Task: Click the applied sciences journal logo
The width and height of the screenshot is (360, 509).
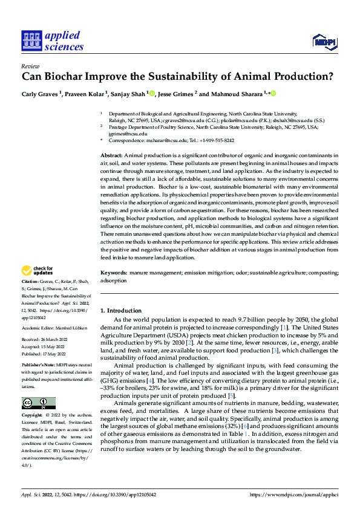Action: click(x=53, y=41)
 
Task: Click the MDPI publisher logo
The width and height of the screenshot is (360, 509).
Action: click(x=325, y=41)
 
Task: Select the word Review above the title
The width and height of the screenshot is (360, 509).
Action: click(x=30, y=66)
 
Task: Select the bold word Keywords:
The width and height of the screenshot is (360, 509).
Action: click(x=113, y=273)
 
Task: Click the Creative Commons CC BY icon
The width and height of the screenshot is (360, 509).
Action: click(x=38, y=403)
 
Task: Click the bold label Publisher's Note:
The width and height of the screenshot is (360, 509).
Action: click(x=39, y=366)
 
